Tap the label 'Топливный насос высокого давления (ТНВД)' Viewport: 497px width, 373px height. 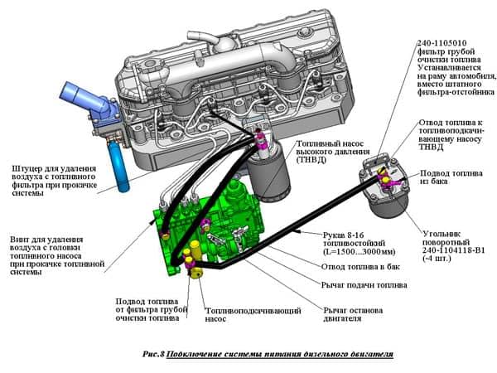point(333,152)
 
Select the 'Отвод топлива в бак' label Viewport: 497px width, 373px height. point(360,267)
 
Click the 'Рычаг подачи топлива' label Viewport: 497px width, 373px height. point(364,285)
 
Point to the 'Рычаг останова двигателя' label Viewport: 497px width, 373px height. point(353,314)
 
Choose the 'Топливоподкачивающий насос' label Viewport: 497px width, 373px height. point(253,315)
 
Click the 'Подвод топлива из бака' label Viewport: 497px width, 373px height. point(451,177)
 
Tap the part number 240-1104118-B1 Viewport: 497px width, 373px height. point(454,250)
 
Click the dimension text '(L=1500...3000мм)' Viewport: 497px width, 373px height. point(359,252)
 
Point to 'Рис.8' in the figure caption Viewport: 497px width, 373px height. point(154,354)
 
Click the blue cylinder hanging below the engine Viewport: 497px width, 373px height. point(118,167)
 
